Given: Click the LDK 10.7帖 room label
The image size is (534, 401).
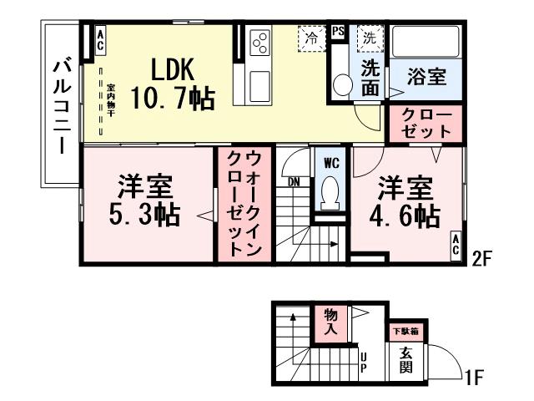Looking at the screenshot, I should [x=177, y=84].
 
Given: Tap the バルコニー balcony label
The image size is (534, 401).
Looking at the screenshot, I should [x=61, y=104].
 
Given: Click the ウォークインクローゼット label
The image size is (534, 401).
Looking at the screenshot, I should [x=244, y=203].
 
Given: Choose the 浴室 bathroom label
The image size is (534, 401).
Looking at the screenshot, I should [x=426, y=76].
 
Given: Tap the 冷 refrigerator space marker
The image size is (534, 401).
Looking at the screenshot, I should [x=311, y=37].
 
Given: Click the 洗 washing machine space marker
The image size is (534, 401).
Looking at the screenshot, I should [x=368, y=37].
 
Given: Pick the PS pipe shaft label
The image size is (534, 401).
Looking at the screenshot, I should [x=338, y=33].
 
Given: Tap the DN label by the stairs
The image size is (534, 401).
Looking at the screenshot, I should [x=293, y=181].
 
